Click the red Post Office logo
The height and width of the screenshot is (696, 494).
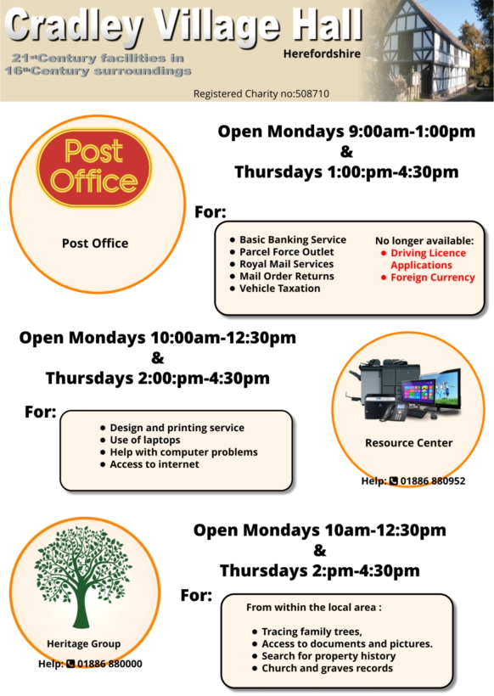pos(94,168)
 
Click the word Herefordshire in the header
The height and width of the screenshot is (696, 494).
pos(322,53)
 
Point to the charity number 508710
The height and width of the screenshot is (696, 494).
pos(312,93)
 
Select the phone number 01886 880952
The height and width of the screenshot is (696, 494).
pos(433,481)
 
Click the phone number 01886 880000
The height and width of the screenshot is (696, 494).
pos(109,664)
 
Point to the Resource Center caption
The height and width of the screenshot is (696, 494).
pos(409,443)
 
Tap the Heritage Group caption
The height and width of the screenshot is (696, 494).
pos(84,643)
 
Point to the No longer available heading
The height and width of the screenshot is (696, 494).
pos(424,241)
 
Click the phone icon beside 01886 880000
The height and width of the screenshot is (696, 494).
pos(70,664)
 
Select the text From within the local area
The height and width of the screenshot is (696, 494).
pos(314,607)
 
